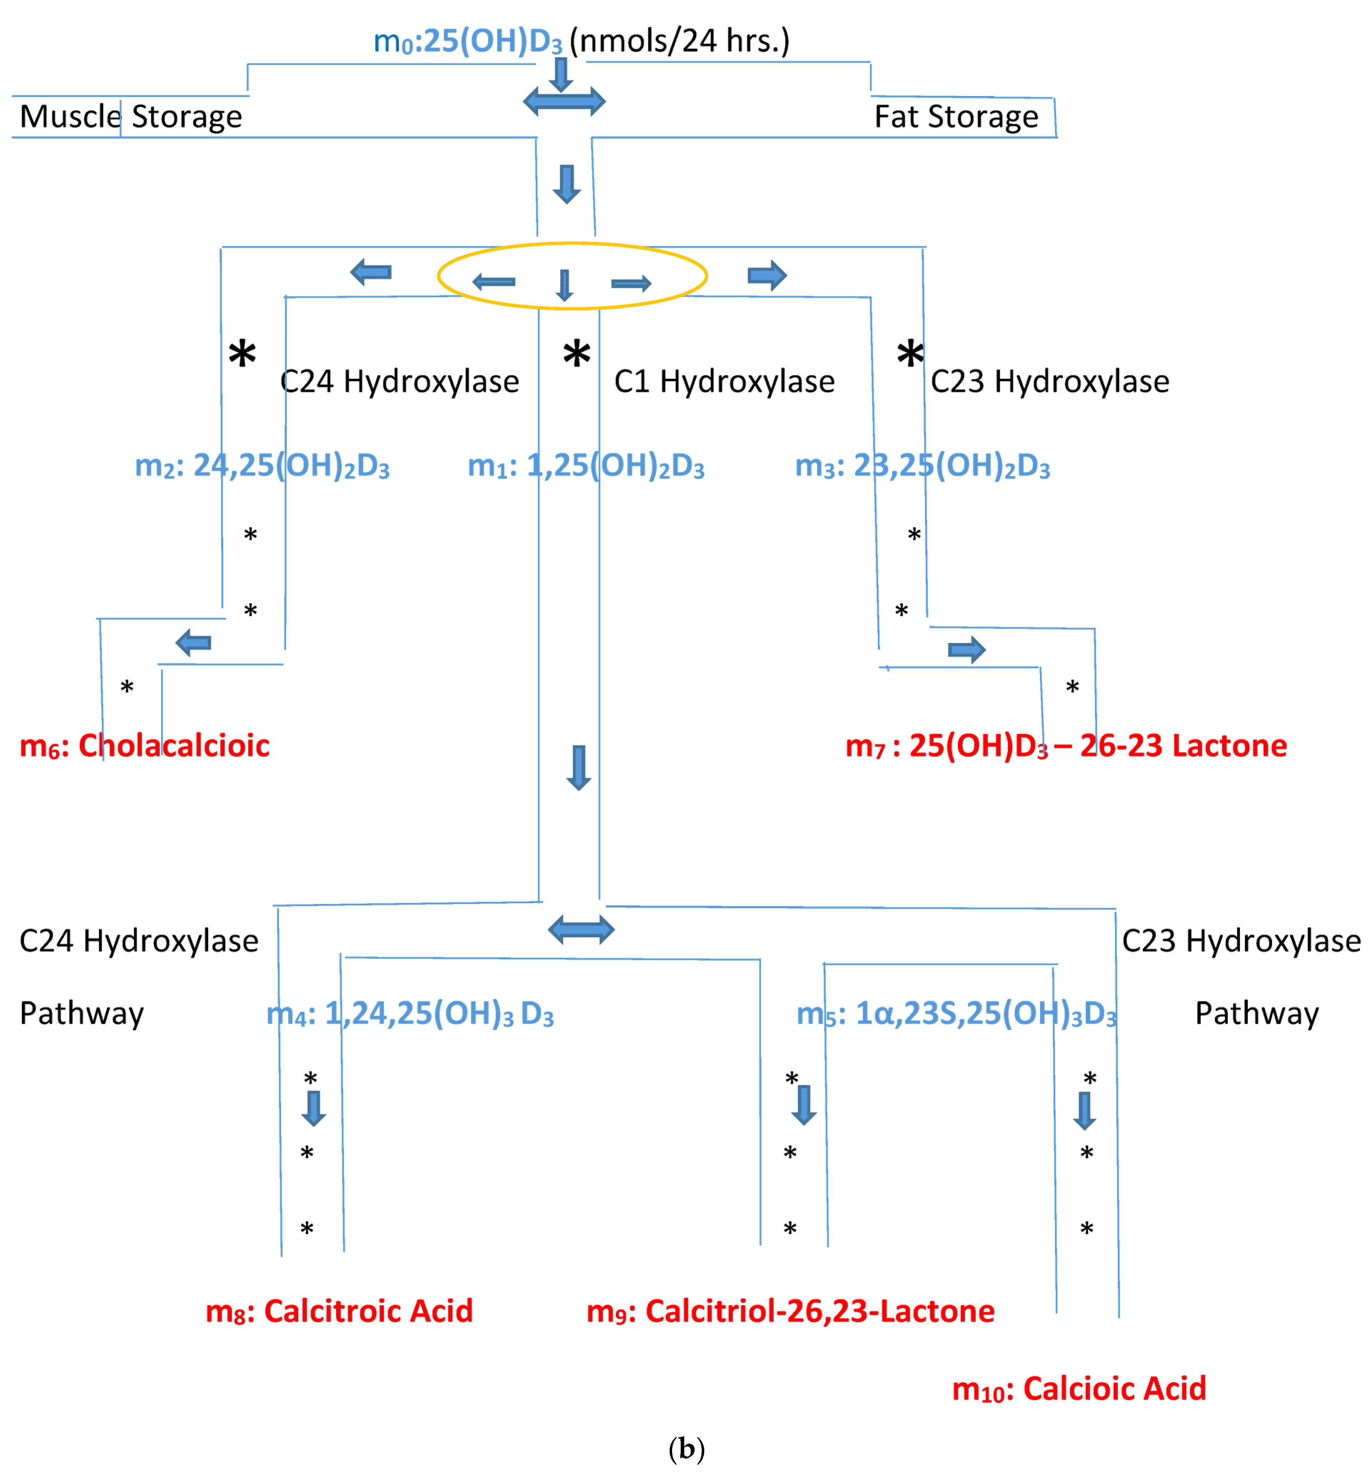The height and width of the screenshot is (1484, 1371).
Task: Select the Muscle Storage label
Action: point(131,116)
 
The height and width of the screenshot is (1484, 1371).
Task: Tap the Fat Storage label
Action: point(956,116)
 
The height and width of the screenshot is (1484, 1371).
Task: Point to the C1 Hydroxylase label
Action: point(724,381)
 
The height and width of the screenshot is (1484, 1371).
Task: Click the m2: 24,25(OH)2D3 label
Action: point(262,466)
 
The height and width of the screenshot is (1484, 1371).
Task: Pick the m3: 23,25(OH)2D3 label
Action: point(922,466)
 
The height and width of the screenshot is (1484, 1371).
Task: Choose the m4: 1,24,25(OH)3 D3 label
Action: point(409,1013)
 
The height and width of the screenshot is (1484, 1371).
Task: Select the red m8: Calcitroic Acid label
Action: point(339,1311)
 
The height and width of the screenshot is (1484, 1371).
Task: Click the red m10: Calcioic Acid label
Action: point(1079,1389)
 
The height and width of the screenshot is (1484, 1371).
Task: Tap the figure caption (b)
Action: point(686,1448)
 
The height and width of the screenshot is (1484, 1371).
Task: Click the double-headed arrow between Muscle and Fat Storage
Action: point(564,102)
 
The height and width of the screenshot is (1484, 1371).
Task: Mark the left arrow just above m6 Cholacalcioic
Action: point(193,643)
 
